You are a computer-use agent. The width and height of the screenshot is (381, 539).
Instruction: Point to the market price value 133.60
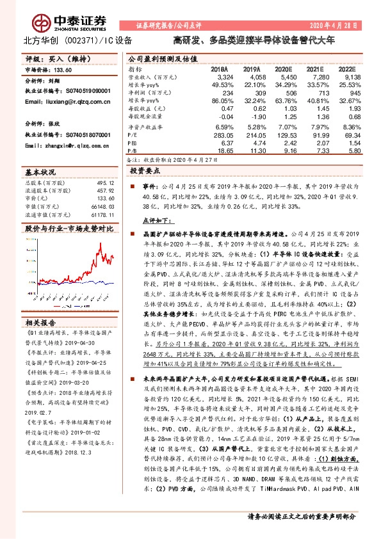coord(62,71)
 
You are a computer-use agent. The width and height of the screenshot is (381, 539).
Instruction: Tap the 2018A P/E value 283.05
coord(215,136)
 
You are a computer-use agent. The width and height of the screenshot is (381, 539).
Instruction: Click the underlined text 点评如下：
coord(152,220)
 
